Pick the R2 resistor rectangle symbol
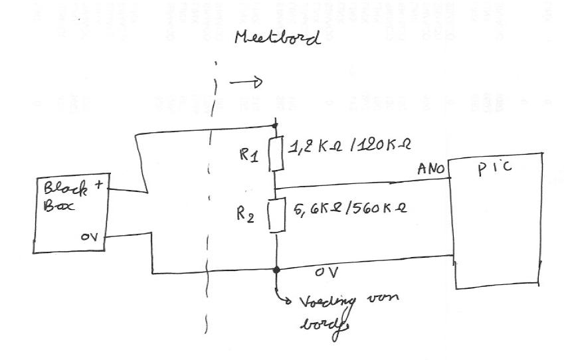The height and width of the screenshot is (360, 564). [275, 215]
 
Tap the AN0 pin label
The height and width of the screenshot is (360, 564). [432, 170]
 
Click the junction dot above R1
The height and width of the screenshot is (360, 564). [275, 124]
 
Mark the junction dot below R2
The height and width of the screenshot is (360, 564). [275, 270]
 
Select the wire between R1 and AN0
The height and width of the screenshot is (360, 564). [359, 183]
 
